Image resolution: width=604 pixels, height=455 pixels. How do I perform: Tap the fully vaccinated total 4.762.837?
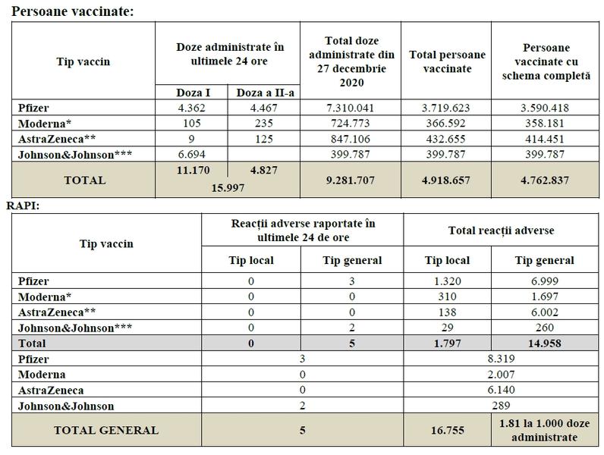coord(545,180)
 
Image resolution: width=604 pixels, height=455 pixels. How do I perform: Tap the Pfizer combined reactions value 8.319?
coord(501,359)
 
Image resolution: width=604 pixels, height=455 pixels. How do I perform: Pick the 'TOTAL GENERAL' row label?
coord(105,430)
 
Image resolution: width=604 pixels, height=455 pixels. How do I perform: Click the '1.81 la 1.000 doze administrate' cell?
coord(540,430)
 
